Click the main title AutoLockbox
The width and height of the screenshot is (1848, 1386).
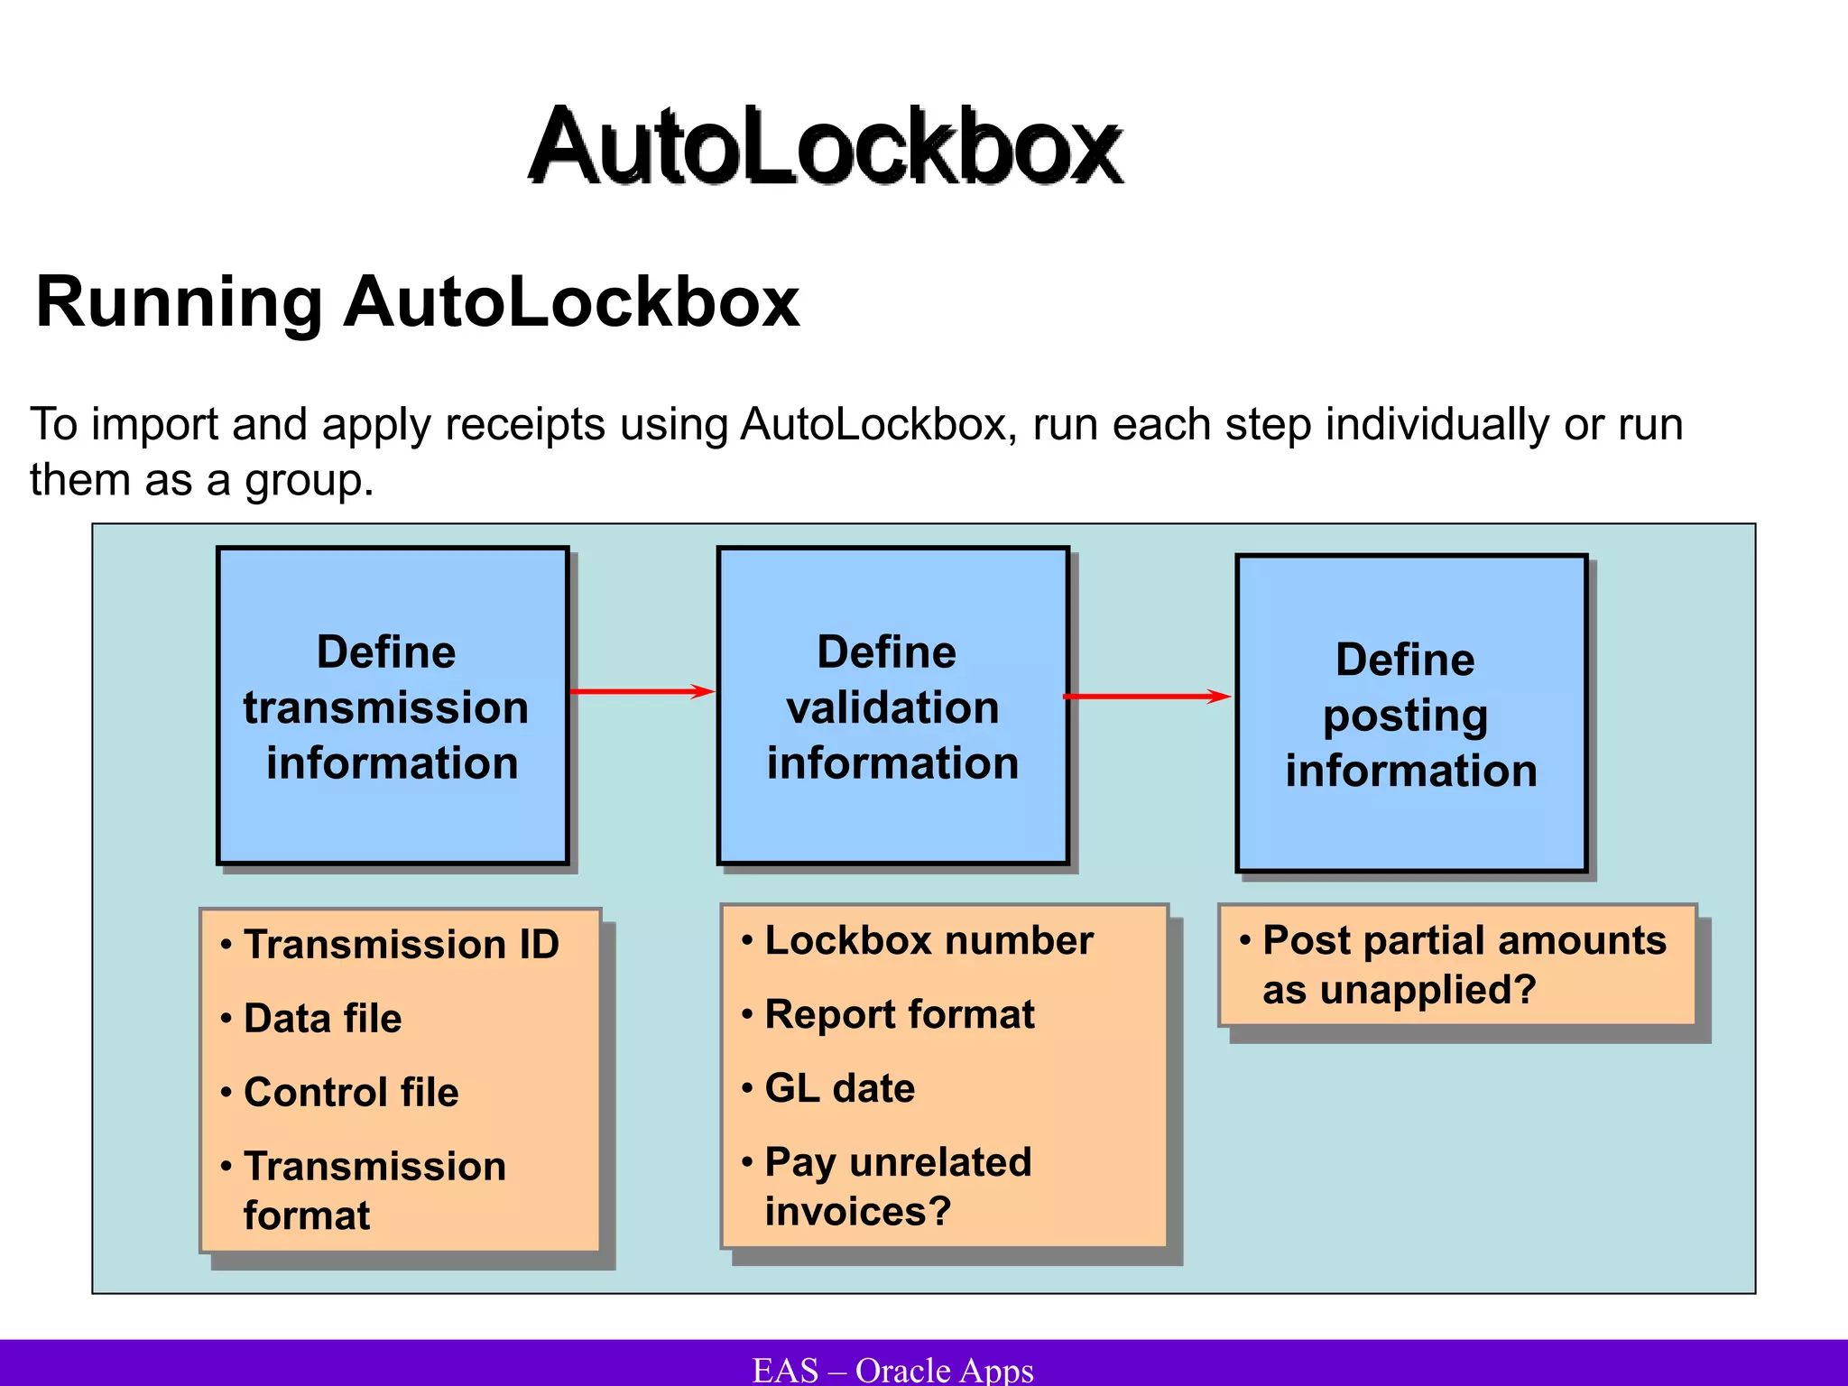[x=825, y=146]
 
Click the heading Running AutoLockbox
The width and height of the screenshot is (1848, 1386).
[x=417, y=301]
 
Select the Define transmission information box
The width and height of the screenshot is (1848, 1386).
[x=393, y=706]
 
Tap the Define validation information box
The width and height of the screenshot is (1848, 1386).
[x=892, y=706]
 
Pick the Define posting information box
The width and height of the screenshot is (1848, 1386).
[x=1410, y=714]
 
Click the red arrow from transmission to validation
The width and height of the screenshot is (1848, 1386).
[x=642, y=692]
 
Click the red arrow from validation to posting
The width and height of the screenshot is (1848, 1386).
[x=1147, y=696]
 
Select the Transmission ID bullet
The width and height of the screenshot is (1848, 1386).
[x=401, y=945]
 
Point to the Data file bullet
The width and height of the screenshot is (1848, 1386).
[x=322, y=1019]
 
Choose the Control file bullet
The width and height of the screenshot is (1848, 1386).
[x=351, y=1093]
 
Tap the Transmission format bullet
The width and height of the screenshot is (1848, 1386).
[x=374, y=1189]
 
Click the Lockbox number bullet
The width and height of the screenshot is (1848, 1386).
[x=929, y=941]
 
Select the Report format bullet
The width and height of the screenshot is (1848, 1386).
[x=899, y=1015]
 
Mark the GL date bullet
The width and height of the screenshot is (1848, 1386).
[x=839, y=1089]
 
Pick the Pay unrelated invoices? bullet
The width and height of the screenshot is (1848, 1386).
[x=897, y=1186]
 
